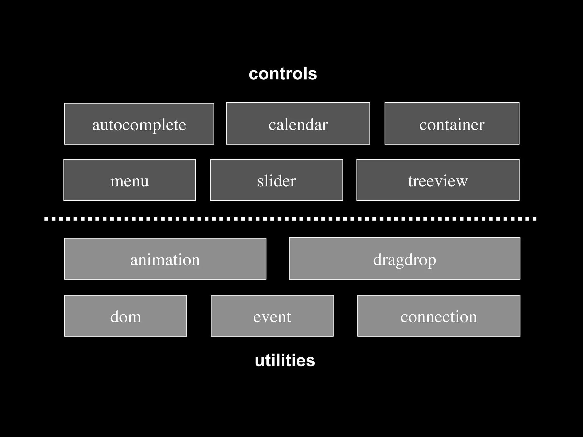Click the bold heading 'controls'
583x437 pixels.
(x=283, y=74)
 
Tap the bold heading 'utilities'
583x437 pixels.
(x=285, y=360)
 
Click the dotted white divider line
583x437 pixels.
(x=290, y=219)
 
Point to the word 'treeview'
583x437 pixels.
(x=438, y=181)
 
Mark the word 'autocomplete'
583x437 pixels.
(x=139, y=125)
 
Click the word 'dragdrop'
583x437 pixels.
(x=405, y=260)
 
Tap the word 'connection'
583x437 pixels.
(x=439, y=317)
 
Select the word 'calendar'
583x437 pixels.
(x=298, y=125)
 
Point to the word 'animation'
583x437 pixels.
(x=165, y=260)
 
